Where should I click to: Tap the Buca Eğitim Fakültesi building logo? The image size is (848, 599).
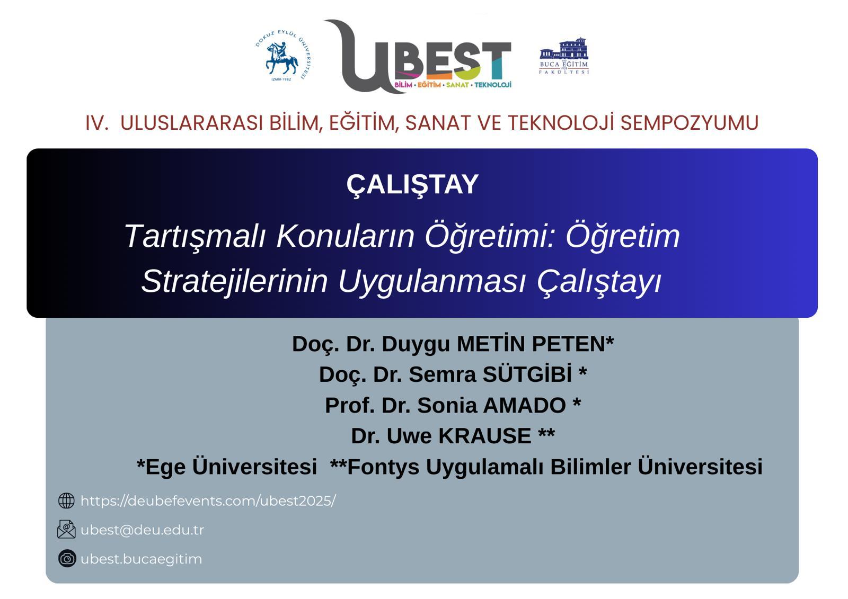point(564,55)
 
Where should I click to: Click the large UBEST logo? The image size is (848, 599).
point(419,57)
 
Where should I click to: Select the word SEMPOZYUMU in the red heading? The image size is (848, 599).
point(689,123)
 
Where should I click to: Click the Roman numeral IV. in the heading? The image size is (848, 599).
point(97,123)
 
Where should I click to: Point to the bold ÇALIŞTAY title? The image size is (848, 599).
point(412,184)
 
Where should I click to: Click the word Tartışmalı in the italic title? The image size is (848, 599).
point(194,236)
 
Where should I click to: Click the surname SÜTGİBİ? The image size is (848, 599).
point(527,374)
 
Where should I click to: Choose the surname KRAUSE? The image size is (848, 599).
point(484,436)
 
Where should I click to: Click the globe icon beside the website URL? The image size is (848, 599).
point(66,500)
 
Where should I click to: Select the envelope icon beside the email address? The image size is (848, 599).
point(66,529)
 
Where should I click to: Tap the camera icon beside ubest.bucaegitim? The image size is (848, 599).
point(67,558)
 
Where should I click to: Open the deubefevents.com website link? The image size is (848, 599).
point(208,500)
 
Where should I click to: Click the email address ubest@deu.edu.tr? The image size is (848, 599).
point(142,530)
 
